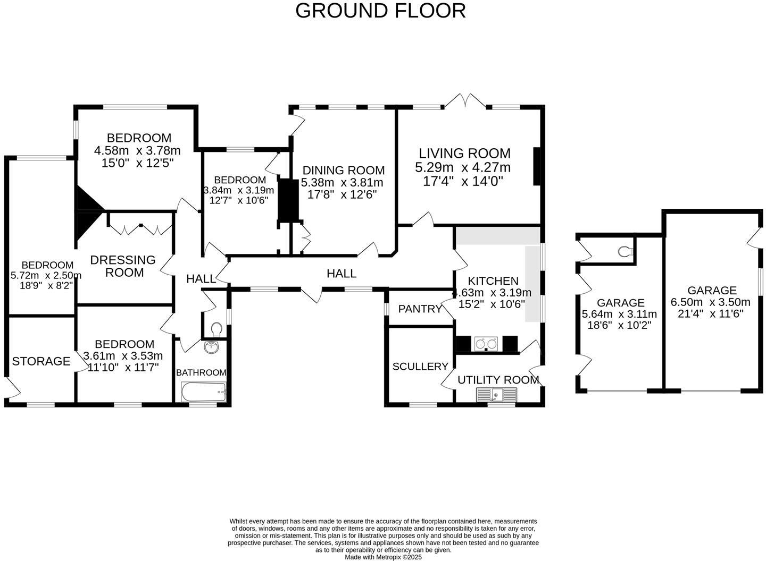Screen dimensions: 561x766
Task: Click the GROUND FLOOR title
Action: tap(380, 11)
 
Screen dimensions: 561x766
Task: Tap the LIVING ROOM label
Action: tap(464, 154)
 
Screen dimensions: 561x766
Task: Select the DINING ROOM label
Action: tap(343, 171)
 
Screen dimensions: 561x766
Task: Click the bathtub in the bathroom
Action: tap(204, 393)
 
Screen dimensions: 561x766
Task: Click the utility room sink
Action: tap(496, 395)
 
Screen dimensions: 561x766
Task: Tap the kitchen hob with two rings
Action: tap(486, 344)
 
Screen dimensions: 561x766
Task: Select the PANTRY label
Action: tap(420, 309)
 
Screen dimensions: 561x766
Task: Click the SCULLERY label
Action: tap(420, 367)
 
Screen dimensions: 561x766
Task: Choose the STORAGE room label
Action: tap(41, 361)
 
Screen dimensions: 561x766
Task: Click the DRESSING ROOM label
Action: tap(123, 266)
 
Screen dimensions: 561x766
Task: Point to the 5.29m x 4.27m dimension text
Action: tap(463, 168)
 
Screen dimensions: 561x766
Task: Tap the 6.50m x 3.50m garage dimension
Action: tap(711, 302)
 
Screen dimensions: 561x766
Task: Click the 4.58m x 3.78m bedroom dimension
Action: tap(137, 151)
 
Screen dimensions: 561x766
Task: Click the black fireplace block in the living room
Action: tap(537, 166)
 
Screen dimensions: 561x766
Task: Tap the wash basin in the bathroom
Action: tap(212, 347)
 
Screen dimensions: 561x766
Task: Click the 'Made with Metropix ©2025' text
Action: tap(383, 557)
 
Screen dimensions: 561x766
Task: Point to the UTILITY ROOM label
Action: tap(498, 380)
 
